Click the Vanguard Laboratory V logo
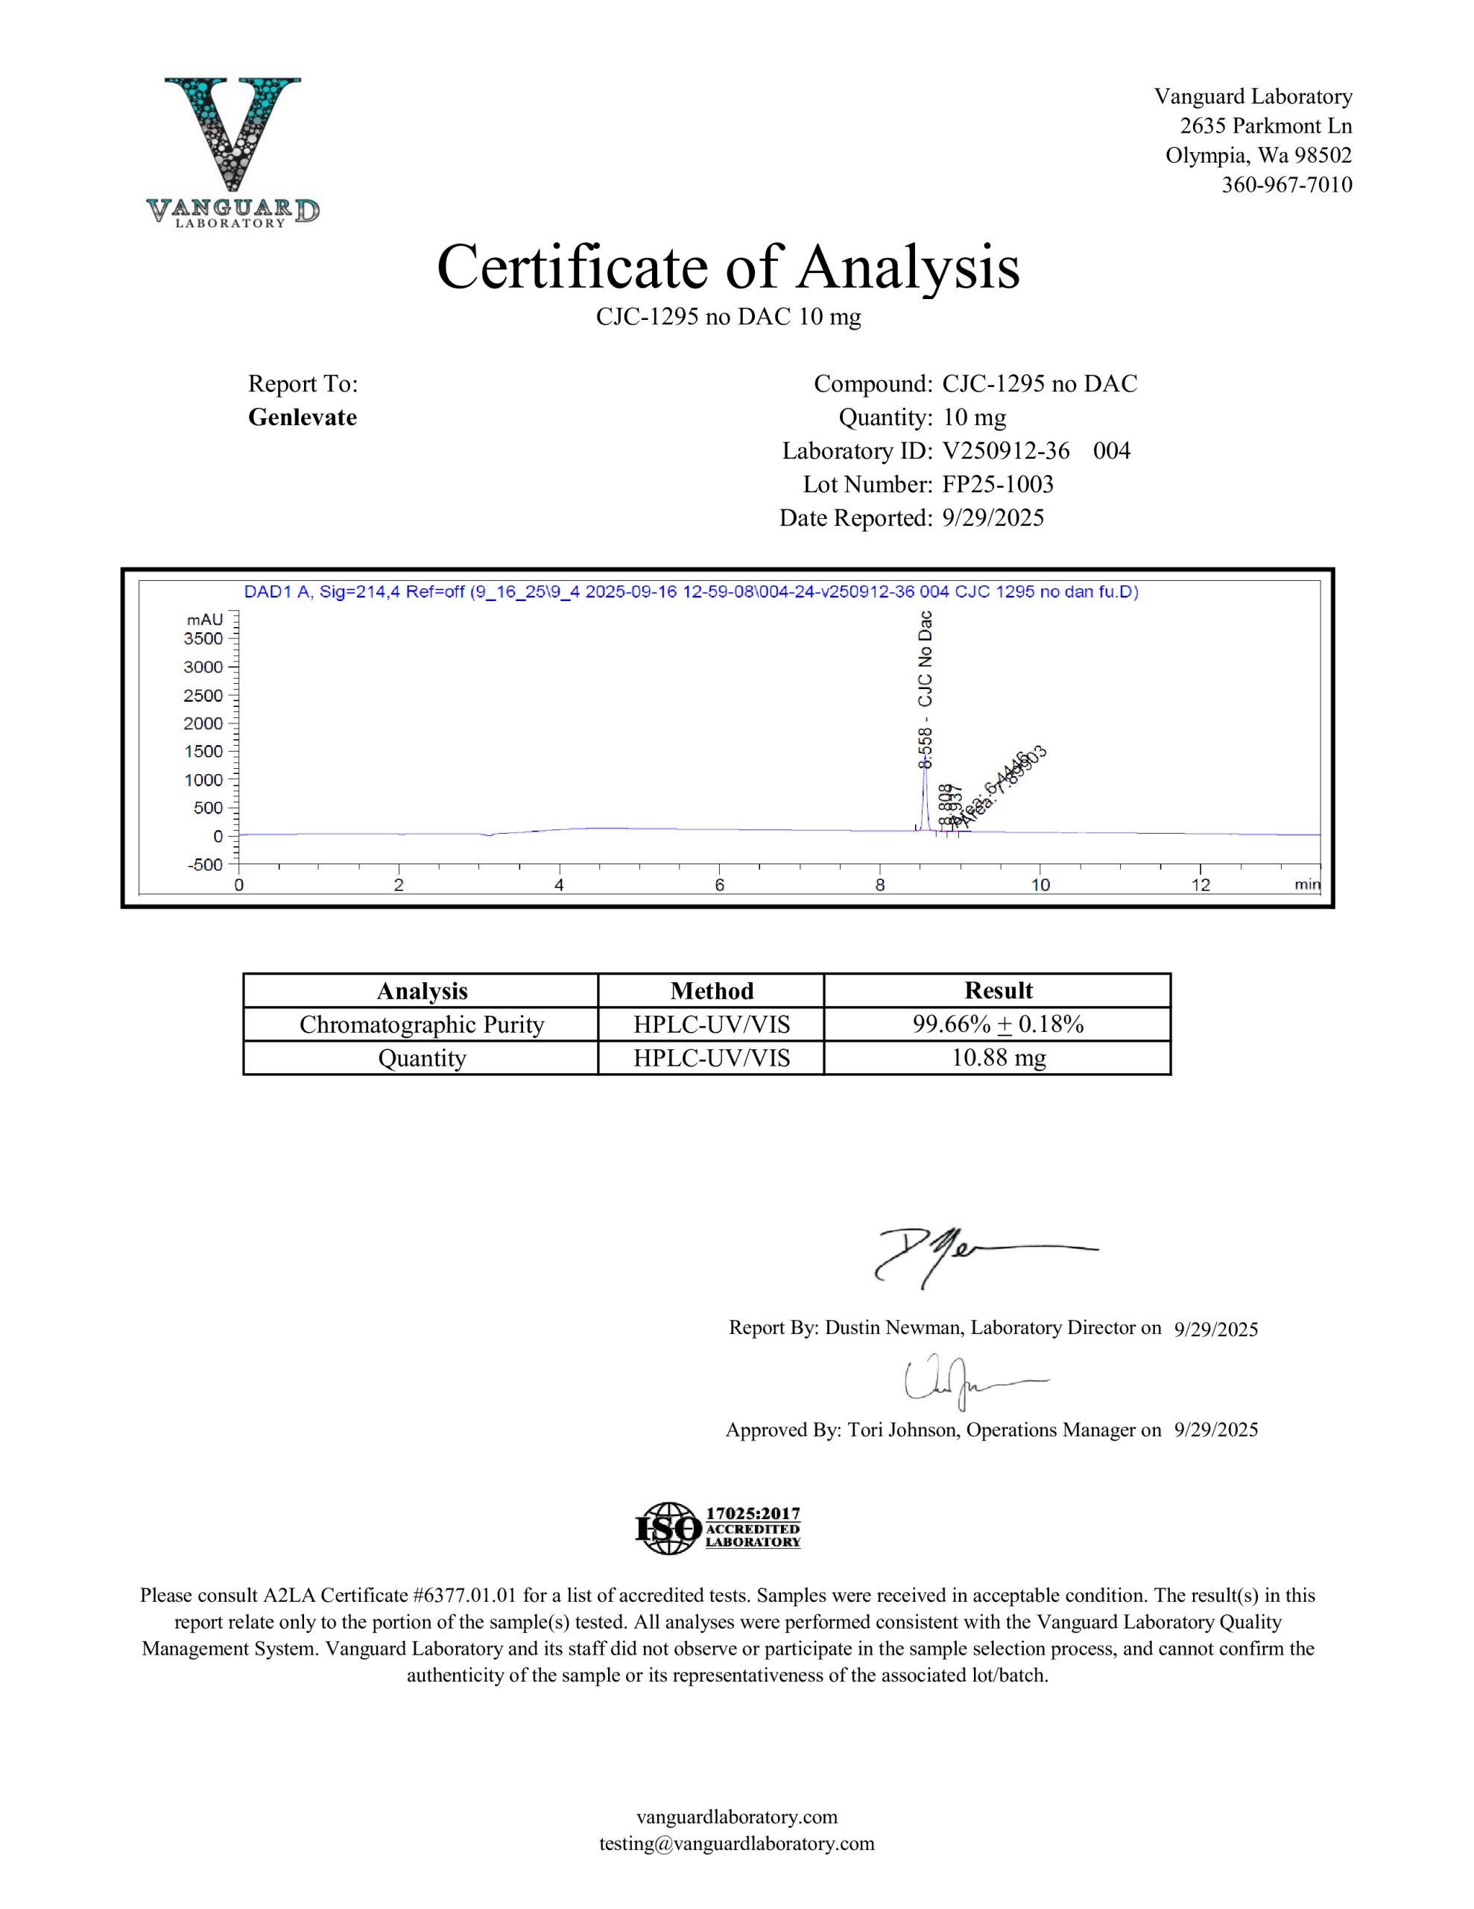[x=233, y=151]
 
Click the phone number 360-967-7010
[x=1286, y=184]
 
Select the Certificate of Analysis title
[x=728, y=267]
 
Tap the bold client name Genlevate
[x=303, y=417]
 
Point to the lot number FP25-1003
[x=998, y=484]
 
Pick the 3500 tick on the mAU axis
[x=203, y=638]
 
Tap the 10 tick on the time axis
[x=1040, y=884]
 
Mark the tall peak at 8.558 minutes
[x=925, y=791]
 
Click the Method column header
[x=711, y=990]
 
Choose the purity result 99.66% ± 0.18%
[x=998, y=1025]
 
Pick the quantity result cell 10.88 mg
[x=998, y=1057]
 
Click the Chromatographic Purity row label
[x=421, y=1025]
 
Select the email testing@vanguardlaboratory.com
[x=736, y=1843]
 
